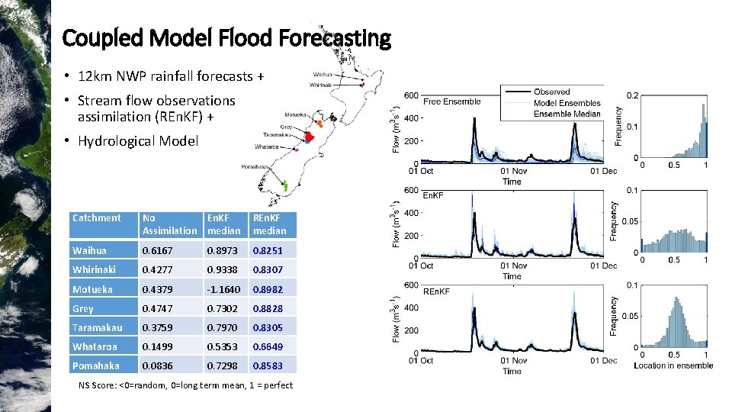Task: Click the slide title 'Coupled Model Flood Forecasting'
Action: (x=226, y=37)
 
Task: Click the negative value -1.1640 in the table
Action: (x=223, y=289)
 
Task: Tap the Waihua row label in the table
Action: (x=89, y=250)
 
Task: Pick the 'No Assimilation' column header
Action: (x=169, y=224)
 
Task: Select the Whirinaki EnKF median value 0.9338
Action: (x=223, y=269)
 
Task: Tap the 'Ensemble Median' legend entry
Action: (x=567, y=114)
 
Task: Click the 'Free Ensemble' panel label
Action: (x=451, y=101)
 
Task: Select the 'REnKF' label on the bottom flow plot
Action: (x=436, y=291)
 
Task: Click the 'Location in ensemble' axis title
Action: (x=673, y=365)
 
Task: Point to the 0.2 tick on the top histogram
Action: (x=633, y=95)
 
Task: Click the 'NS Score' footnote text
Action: (x=185, y=385)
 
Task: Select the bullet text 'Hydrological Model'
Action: (x=137, y=140)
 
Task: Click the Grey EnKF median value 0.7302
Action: (x=223, y=308)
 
